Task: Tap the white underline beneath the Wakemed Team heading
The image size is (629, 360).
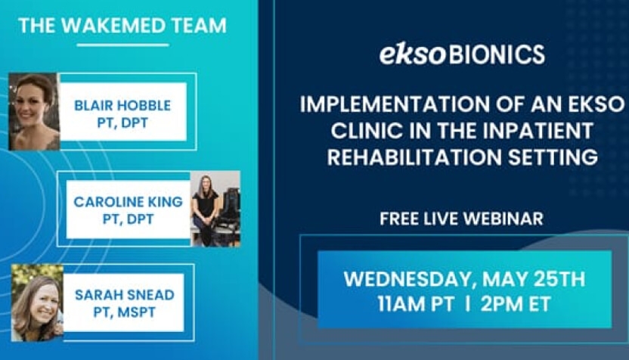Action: pyautogui.click(x=122, y=45)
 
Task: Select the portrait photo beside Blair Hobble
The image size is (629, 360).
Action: pyautogui.click(x=34, y=112)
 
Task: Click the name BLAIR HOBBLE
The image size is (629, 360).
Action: pyautogui.click(x=122, y=105)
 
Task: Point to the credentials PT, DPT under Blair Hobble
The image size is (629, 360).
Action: pyautogui.click(x=122, y=123)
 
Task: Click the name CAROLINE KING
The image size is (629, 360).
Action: pyautogui.click(x=128, y=201)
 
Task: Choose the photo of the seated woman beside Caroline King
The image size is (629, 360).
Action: pyautogui.click(x=215, y=208)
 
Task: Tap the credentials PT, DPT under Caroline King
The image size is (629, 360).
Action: pyautogui.click(x=128, y=219)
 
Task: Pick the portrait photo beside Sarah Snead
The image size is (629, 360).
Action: pyautogui.click(x=37, y=303)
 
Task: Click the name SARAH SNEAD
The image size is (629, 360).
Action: pyautogui.click(x=124, y=295)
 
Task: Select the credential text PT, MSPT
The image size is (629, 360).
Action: pyautogui.click(x=124, y=312)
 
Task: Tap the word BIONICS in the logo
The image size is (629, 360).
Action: pyautogui.click(x=497, y=54)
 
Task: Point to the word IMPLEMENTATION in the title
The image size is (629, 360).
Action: pyautogui.click(x=395, y=104)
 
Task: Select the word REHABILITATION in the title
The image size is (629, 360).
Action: pyautogui.click(x=414, y=157)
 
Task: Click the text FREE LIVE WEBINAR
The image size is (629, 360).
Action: pyautogui.click(x=462, y=219)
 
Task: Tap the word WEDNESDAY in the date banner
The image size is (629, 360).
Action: pyautogui.click(x=407, y=279)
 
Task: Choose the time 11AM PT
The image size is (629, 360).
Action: pyautogui.click(x=416, y=304)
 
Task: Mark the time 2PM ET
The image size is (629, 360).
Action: pyautogui.click(x=516, y=304)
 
